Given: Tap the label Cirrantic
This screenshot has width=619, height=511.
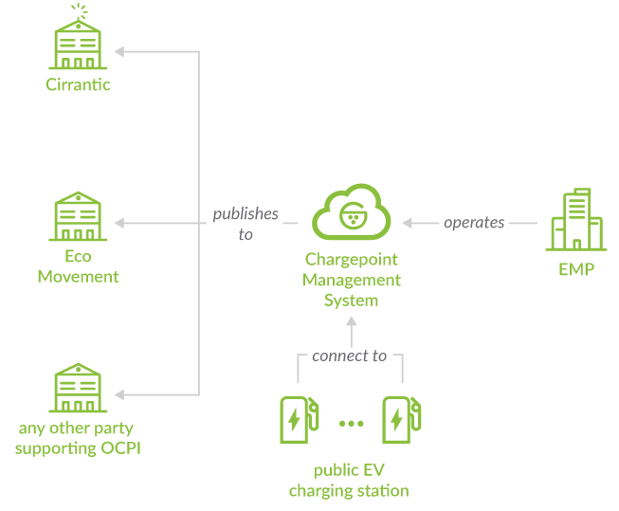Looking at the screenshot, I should click(x=79, y=85).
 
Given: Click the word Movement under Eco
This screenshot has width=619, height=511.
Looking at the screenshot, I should click(x=79, y=277).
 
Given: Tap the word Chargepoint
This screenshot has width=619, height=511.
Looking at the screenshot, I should click(x=352, y=260).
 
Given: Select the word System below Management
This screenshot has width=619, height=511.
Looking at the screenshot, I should click(x=352, y=301).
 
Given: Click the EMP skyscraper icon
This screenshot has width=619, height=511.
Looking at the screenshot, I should click(x=575, y=221).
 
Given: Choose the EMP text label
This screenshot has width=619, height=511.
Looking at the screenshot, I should click(x=576, y=270).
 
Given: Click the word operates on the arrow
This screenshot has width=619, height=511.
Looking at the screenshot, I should click(x=474, y=223).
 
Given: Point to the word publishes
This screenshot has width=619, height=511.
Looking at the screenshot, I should click(x=246, y=214).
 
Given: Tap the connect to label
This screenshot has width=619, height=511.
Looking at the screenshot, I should click(x=350, y=356).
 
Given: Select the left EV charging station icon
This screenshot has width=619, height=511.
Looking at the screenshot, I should click(x=297, y=419).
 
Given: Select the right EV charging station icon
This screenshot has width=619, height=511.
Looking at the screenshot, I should click(x=402, y=419).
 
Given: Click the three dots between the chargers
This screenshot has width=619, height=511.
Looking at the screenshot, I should click(x=352, y=423).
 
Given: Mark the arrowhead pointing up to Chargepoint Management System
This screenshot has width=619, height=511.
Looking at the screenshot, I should click(x=352, y=321).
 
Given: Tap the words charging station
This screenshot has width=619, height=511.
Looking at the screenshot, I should click(x=349, y=491).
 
